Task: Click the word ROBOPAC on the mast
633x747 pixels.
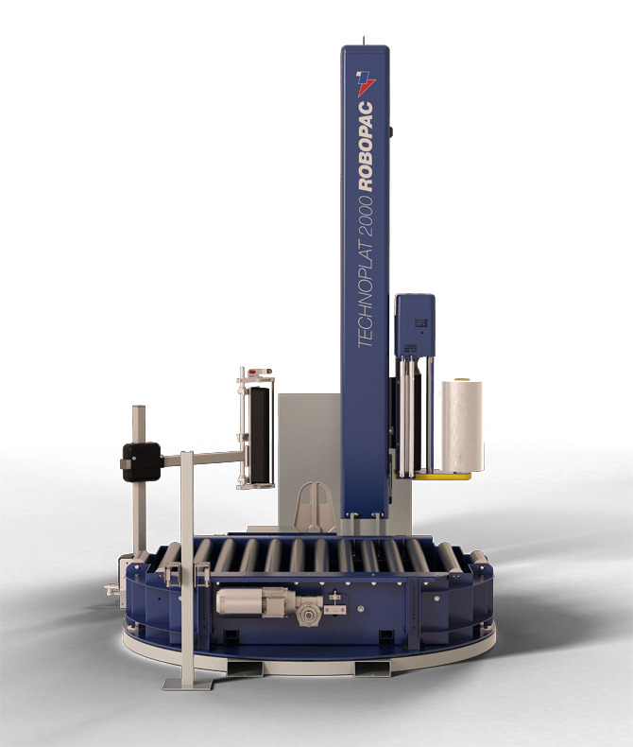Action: [366, 147]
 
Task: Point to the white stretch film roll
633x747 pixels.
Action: [461, 426]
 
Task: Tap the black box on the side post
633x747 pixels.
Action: [142, 461]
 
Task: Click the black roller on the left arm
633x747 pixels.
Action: [260, 435]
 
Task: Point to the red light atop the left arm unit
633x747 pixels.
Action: [261, 371]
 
